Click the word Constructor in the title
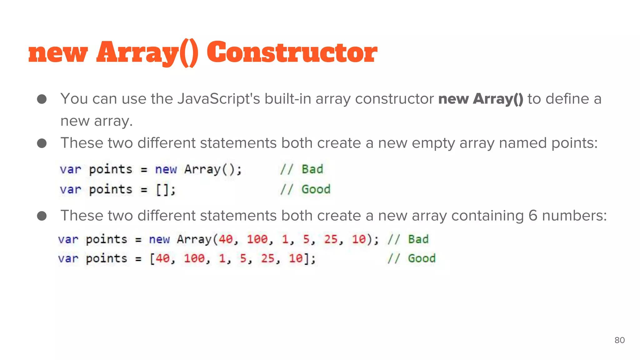(292, 52)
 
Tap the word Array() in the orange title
(147, 53)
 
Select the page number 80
(619, 340)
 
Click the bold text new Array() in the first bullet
(481, 99)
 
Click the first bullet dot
(42, 99)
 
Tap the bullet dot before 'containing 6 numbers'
(42, 216)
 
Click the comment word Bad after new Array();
(312, 169)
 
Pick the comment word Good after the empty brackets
(316, 189)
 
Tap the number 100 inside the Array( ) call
(257, 239)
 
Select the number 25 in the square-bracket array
(267, 258)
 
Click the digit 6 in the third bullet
(533, 216)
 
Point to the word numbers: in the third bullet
(574, 216)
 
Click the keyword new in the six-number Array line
(159, 239)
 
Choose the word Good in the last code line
(422, 258)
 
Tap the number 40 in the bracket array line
(162, 258)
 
